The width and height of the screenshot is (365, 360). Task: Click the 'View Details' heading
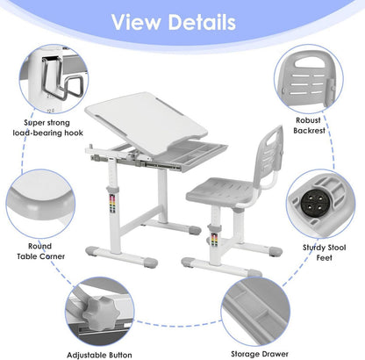pos(174,22)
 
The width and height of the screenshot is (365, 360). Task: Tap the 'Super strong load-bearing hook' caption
pos(47,127)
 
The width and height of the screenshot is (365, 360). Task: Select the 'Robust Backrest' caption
pos(309,126)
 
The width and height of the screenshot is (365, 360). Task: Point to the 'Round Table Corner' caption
pos(40,251)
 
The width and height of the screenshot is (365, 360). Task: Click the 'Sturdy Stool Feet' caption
pos(324,253)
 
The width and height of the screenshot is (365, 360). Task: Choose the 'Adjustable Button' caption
pos(99,355)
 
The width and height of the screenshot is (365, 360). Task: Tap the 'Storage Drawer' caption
pos(260,354)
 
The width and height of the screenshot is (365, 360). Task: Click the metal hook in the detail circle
pos(62,77)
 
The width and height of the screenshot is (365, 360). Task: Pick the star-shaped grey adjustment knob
pos(101,313)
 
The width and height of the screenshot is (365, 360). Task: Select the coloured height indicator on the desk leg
pos(112,203)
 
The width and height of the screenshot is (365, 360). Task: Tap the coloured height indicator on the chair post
pos(214,239)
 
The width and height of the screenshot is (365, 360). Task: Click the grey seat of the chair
pos(220,191)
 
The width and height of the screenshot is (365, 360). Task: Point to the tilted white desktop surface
pos(147,122)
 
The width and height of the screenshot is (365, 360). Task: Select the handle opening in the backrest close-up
pos(310,62)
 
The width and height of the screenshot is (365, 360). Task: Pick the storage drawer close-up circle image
pos(255,311)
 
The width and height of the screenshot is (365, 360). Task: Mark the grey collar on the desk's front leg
pos(112,189)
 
